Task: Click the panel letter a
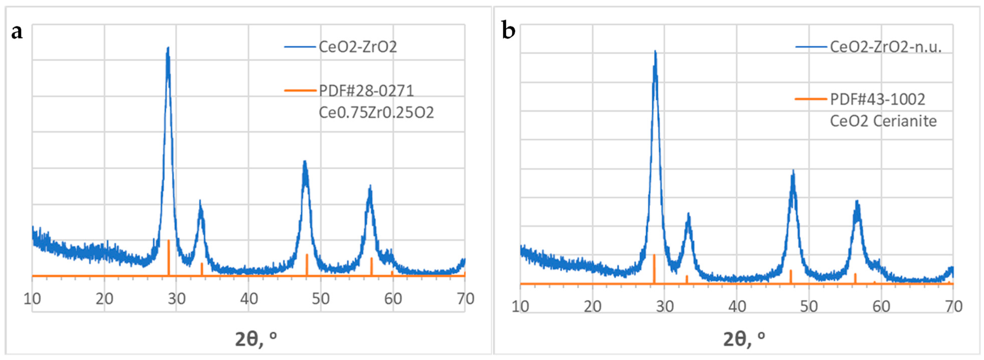pos(17,32)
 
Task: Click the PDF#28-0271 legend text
pos(366,91)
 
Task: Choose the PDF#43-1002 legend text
pos(878,99)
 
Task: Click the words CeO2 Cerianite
pos(883,121)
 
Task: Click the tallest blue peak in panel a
pos(168,49)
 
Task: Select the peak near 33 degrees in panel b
pos(688,215)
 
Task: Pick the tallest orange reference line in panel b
pos(654,268)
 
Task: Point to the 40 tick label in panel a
pos(249,299)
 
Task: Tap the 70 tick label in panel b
pos(953,307)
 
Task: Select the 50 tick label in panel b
pos(809,307)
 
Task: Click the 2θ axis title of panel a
pos(256,339)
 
